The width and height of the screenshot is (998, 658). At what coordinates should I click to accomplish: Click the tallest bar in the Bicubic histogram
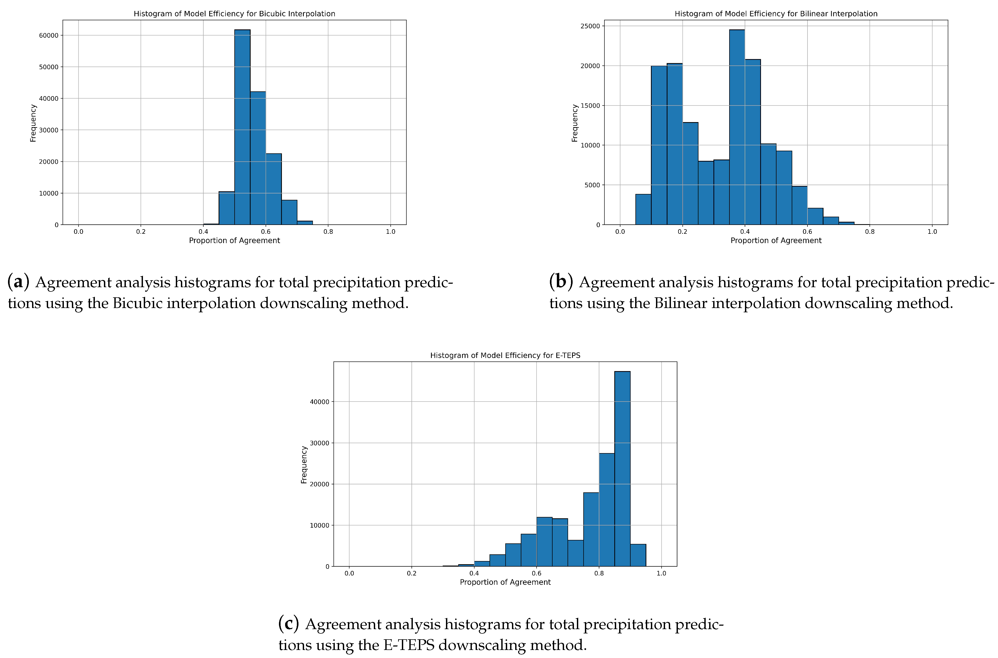(242, 126)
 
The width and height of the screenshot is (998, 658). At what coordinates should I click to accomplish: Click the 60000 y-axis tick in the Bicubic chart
(48, 35)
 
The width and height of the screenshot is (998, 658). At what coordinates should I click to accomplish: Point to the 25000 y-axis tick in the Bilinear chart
(590, 26)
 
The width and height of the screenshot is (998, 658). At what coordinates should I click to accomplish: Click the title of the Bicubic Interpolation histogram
(234, 13)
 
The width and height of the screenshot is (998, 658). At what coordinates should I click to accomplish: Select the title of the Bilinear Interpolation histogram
(776, 13)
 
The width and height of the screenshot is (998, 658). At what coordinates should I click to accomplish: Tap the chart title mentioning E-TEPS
(505, 355)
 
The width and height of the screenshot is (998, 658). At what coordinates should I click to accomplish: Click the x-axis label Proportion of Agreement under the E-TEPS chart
(505, 582)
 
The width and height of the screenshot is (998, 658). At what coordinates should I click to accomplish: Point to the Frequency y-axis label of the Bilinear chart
(574, 123)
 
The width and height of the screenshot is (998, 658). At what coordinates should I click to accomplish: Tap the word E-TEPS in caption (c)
(409, 645)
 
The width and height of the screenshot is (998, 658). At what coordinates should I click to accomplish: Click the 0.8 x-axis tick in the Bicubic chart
(328, 232)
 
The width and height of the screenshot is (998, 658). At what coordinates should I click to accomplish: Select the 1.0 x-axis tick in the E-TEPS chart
(661, 573)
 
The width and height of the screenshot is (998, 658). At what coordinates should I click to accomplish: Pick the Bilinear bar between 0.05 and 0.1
(643, 209)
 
